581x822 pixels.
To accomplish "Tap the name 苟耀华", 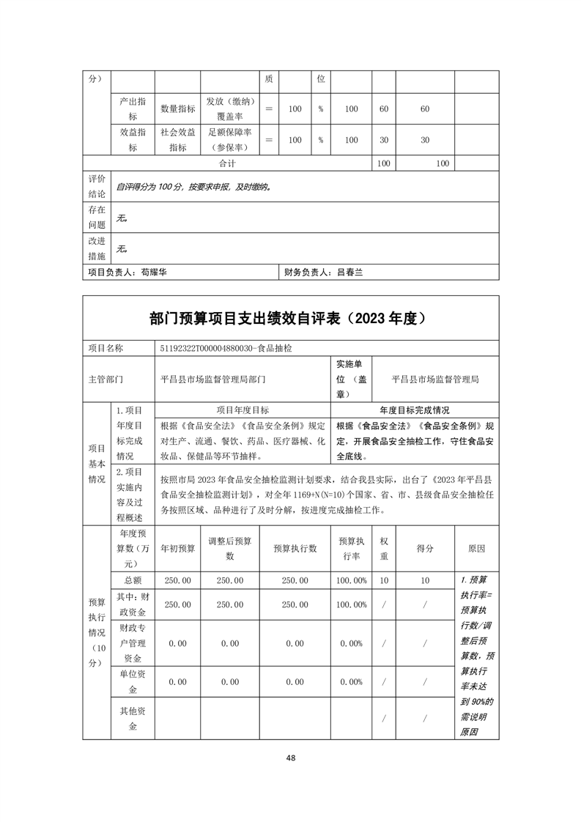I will [153, 272].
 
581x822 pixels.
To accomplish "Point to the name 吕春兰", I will [349, 272].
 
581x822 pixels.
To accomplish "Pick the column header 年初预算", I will [178, 548].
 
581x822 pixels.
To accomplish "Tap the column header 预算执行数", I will [295, 548].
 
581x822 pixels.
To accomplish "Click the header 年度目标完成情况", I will [415, 410].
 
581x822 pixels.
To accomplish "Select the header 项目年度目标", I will [243, 410].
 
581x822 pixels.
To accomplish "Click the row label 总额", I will [132, 580].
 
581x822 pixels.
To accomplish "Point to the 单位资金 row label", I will [132, 682].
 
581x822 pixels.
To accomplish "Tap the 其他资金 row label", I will [132, 719].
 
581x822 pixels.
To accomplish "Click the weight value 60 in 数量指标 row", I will [383, 109].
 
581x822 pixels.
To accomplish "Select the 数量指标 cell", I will [178, 109].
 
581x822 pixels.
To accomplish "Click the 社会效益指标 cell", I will [178, 140].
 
